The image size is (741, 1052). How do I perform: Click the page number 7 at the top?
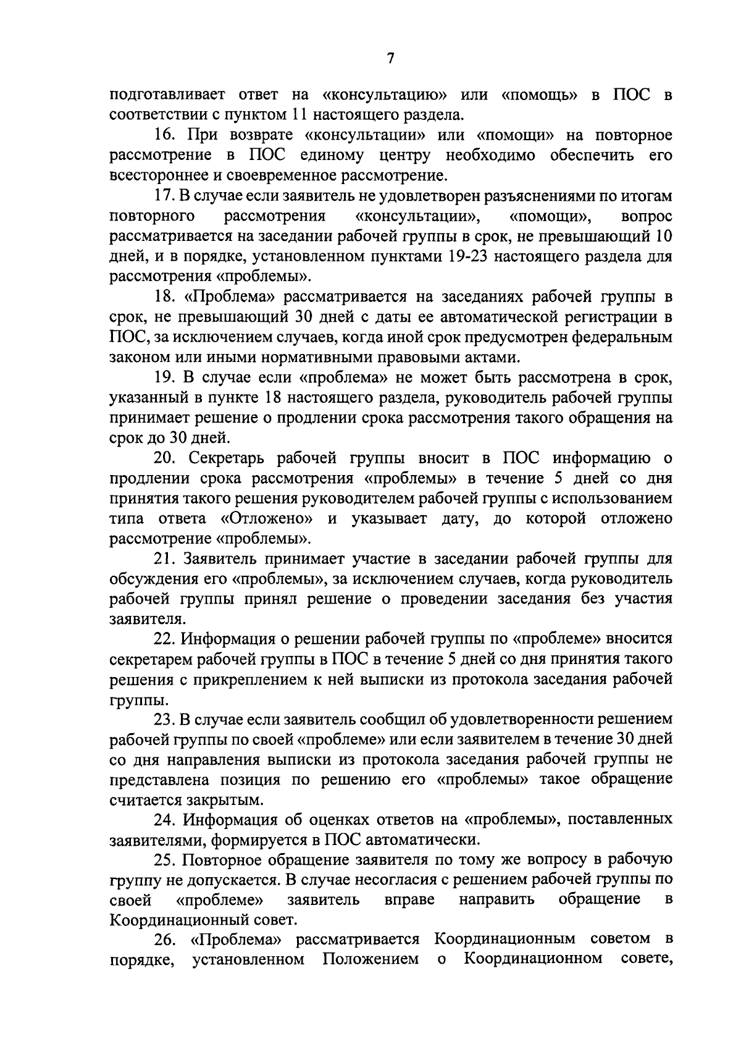tap(390, 58)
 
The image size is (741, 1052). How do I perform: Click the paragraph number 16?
tap(164, 135)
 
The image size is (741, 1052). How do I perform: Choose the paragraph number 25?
tap(165, 859)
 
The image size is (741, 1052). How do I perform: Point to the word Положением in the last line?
tap(371, 959)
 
